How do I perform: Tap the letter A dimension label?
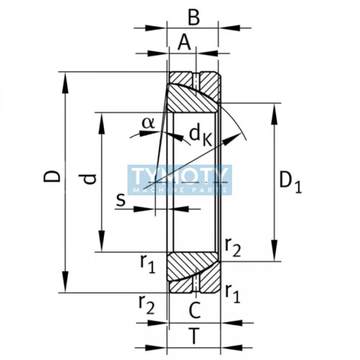(x=184, y=43)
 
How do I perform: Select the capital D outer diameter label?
(x=53, y=176)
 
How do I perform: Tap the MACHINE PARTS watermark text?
(x=180, y=190)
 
